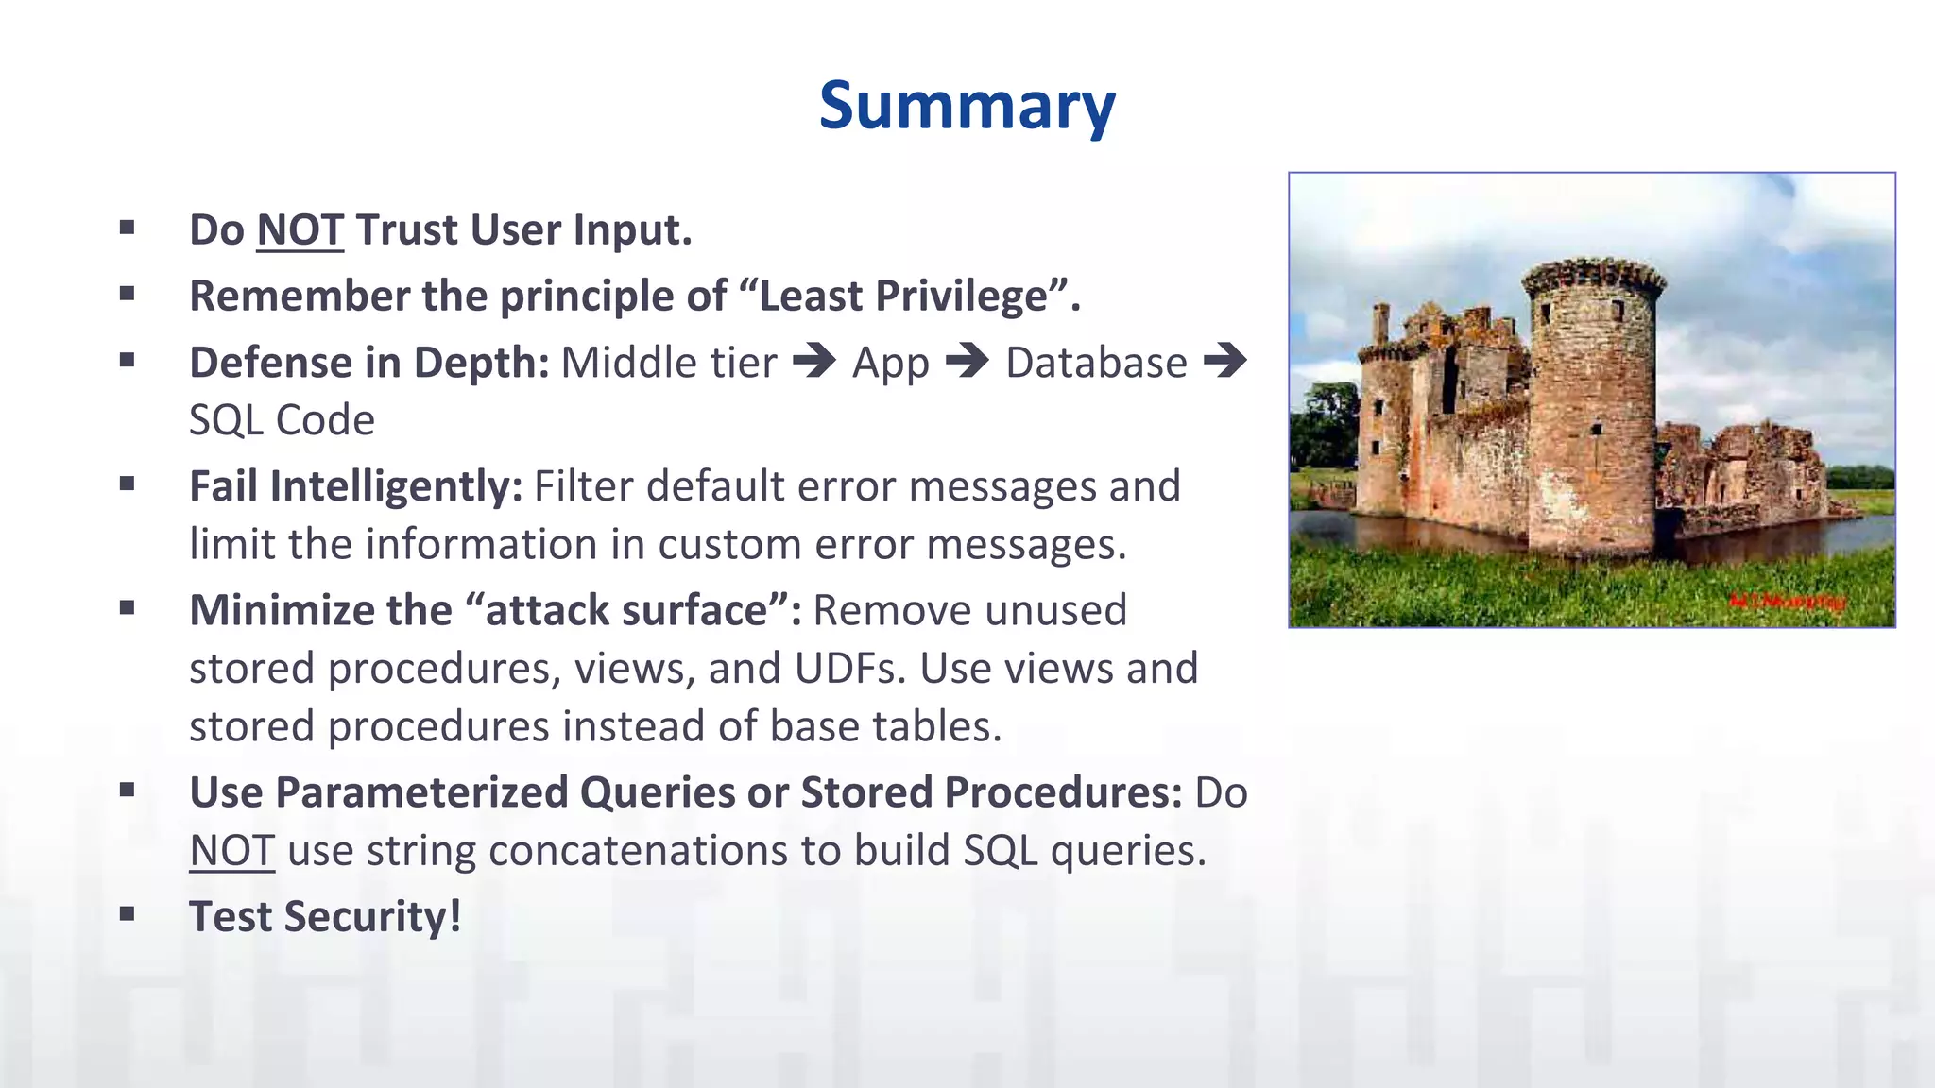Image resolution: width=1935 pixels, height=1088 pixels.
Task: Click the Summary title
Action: point(967,105)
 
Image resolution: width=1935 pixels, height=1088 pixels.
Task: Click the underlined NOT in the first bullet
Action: point(300,230)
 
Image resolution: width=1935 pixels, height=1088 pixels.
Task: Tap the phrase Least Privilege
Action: point(903,296)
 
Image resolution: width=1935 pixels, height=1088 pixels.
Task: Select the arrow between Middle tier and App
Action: point(814,361)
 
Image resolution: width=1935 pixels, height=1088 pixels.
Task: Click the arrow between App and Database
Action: point(967,361)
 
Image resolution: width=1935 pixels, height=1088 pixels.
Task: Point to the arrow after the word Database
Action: point(1225,361)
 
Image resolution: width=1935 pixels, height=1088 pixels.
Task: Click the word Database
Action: point(1096,364)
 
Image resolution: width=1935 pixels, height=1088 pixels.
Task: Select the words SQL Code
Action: point(282,420)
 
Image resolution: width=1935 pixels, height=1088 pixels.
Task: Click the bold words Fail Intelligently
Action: point(355,487)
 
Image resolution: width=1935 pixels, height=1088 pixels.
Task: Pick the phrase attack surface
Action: point(626,610)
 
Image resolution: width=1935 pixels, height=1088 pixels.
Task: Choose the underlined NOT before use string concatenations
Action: point(232,851)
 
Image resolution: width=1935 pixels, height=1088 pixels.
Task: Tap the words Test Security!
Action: point(325,917)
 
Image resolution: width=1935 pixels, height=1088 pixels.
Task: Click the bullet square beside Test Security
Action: point(128,913)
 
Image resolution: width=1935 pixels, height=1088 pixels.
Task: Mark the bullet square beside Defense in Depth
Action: point(128,359)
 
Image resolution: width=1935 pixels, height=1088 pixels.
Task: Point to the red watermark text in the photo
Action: point(1786,601)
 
